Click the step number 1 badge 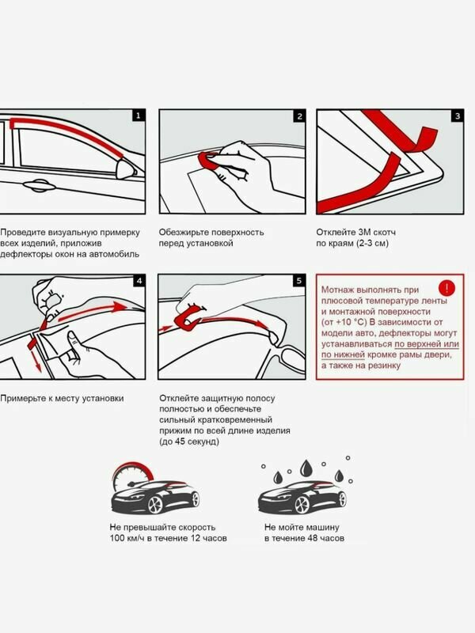[x=139, y=116]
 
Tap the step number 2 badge [x=299, y=116]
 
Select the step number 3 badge [x=458, y=116]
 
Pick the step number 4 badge [x=139, y=281]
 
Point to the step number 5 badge [x=299, y=281]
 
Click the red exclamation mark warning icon [x=446, y=288]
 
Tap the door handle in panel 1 [x=39, y=186]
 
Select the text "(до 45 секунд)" [x=189, y=442]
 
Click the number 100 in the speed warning [x=117, y=538]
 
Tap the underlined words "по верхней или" [x=427, y=344]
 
